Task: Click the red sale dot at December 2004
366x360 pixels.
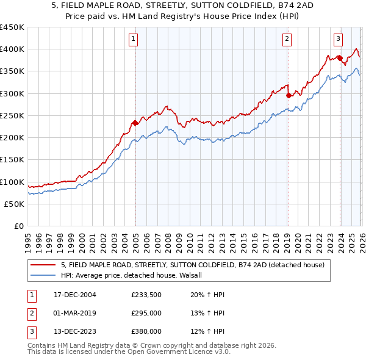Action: click(x=135, y=123)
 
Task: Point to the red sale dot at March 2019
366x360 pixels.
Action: click(x=289, y=95)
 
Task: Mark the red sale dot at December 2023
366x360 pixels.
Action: click(x=340, y=58)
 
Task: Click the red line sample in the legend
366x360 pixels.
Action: click(x=43, y=265)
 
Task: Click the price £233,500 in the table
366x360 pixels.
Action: click(x=146, y=295)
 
